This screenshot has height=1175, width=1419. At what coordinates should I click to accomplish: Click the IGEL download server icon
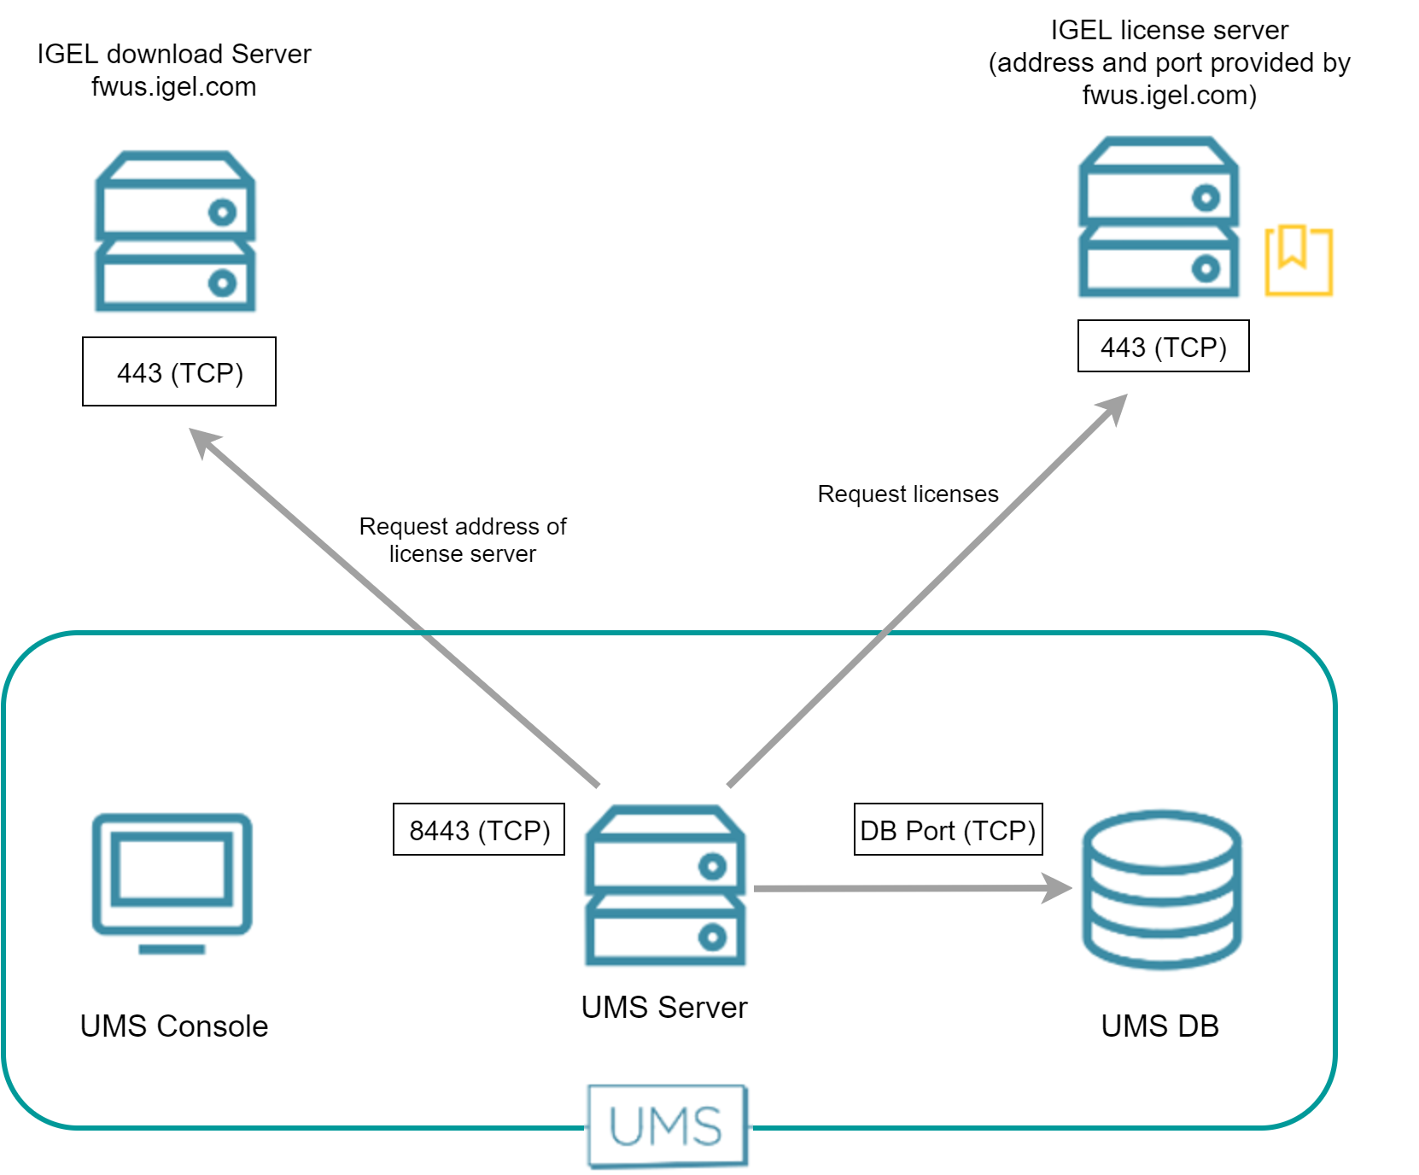coord(175,231)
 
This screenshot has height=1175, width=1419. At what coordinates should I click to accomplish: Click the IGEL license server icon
coord(1159,217)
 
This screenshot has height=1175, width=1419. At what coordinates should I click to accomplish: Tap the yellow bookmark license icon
coord(1298,260)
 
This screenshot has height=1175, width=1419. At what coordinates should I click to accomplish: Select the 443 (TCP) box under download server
coord(179,371)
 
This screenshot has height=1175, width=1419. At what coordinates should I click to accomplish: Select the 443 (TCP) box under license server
coord(1163,346)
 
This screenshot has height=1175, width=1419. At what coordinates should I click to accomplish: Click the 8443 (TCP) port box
coord(479,829)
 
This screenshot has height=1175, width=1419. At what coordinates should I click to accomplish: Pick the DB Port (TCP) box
coord(948,829)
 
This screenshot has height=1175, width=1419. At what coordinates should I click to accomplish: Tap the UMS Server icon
coord(665,886)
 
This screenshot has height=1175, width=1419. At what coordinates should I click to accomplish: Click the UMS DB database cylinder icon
coord(1162,889)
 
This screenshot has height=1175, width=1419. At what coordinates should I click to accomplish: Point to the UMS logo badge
coord(667,1125)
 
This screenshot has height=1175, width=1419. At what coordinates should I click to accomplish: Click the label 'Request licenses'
coord(908,494)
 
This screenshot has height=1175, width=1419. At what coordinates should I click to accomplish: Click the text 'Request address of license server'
coord(462,540)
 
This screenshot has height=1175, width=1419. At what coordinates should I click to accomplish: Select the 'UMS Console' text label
coord(174,1026)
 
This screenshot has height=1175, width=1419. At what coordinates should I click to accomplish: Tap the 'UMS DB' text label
coord(1159,1026)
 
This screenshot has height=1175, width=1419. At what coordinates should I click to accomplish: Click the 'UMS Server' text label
coord(664,1008)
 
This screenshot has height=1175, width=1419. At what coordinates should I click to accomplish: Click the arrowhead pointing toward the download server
coord(203,441)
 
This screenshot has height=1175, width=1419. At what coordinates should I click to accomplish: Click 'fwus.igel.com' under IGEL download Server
coord(173,86)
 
